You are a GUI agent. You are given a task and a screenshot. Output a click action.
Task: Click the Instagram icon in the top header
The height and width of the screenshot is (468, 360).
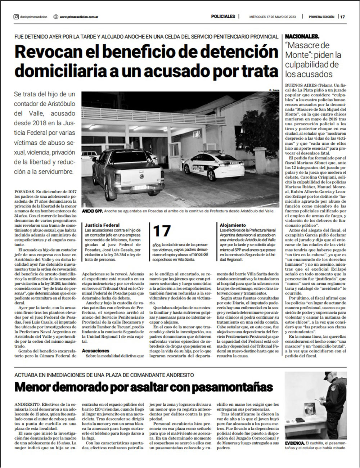coord(16,17)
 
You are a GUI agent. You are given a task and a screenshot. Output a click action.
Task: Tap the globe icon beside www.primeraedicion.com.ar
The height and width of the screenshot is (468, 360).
coord(55,17)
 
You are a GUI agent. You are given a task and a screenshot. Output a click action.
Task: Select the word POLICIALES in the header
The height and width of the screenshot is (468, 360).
coord(223,17)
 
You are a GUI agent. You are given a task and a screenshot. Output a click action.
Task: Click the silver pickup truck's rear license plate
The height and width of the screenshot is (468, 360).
coord(140,188)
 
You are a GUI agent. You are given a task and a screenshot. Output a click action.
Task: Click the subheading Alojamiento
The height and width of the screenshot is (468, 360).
coord(233,225)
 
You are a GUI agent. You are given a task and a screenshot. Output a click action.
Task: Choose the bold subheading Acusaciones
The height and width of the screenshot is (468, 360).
coord(95,350)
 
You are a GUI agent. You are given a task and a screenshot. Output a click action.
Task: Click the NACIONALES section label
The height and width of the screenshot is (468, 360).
coord(302,37)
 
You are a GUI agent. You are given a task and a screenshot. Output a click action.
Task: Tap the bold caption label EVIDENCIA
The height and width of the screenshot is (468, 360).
coord(294,442)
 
